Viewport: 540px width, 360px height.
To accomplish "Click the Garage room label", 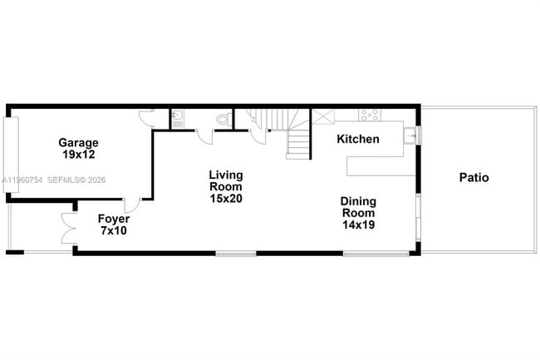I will click(x=78, y=142).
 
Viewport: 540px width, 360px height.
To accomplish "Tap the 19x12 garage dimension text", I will click(x=78, y=155).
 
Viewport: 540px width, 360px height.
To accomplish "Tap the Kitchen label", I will click(x=357, y=139).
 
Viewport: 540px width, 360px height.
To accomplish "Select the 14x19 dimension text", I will click(x=358, y=225).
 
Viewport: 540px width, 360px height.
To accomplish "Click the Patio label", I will click(x=474, y=178).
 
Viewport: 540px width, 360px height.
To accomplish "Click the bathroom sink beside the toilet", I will click(x=178, y=117).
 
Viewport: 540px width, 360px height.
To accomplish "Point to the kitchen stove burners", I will click(x=369, y=116).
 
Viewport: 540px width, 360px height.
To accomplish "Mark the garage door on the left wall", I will click(x=11, y=155).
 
